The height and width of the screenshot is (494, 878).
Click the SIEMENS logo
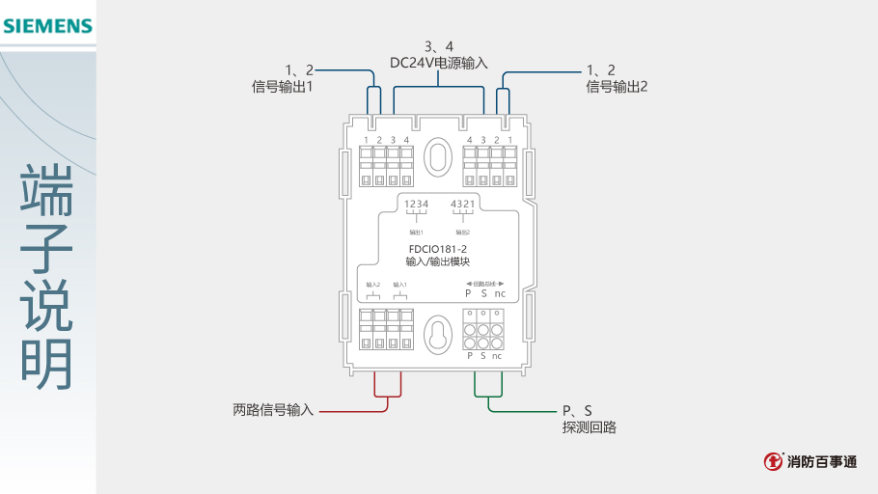point(47,26)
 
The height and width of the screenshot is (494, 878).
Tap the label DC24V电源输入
point(439,63)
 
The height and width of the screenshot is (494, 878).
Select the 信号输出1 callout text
point(283,86)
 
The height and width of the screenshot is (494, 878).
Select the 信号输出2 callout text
point(617,86)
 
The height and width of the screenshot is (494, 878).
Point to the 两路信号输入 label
point(273,410)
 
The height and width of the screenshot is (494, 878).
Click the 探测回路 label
point(590,426)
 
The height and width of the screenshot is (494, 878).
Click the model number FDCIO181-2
point(438,248)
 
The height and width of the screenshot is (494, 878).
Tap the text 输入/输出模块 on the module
point(438,261)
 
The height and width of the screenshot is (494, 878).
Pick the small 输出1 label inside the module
point(416,232)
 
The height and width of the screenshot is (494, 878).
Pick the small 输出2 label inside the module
point(461,232)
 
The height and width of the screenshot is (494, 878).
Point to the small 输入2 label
point(373,285)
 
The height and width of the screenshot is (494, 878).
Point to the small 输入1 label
point(399,285)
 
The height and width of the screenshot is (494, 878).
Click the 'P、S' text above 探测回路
point(577,410)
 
